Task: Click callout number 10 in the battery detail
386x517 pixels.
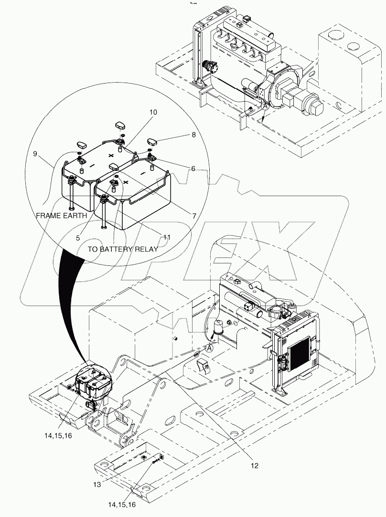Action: tap(153, 112)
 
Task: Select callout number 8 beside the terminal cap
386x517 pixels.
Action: tap(193, 135)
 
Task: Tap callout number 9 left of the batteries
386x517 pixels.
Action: tap(36, 154)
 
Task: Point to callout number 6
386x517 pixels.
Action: tap(193, 169)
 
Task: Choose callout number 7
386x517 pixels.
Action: tap(194, 216)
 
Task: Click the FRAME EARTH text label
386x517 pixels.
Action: tap(61, 216)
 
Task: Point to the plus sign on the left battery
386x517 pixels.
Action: tap(112, 156)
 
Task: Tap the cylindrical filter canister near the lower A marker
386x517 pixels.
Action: tap(220, 329)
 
